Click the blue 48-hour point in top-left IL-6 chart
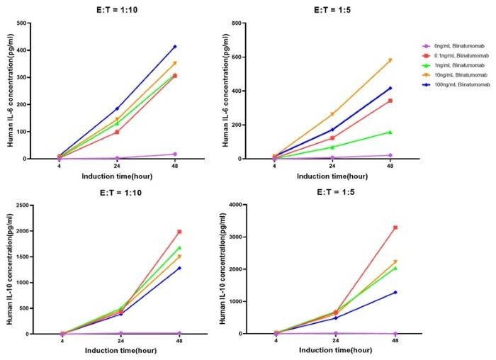point(175,47)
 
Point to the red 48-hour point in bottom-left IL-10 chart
point(180,232)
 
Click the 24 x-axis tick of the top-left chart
point(117,167)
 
